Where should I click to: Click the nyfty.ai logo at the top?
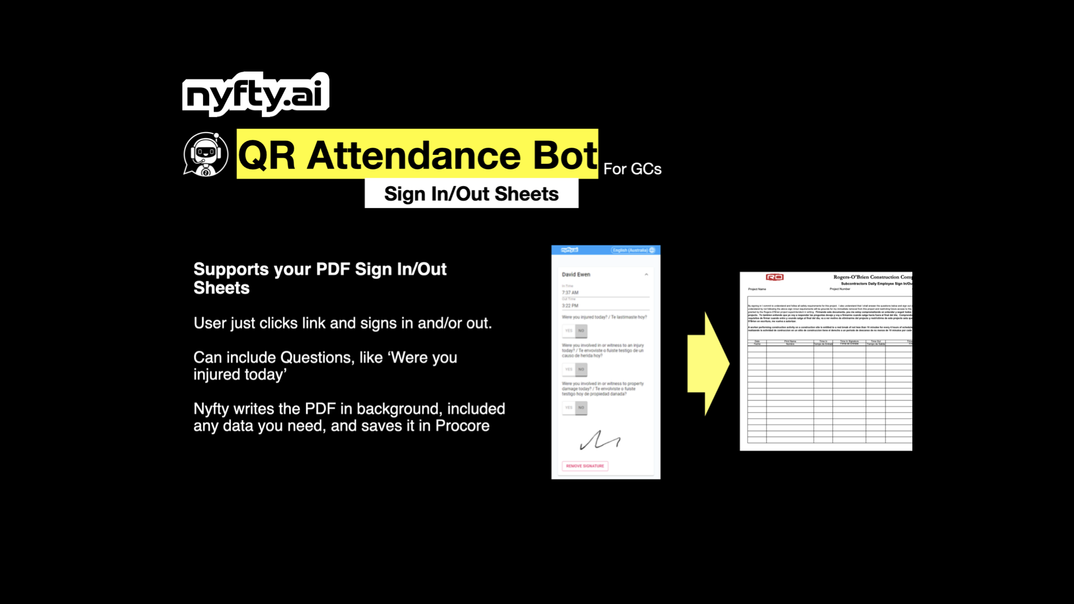[256, 95]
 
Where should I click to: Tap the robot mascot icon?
[205, 154]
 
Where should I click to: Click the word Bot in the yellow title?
[565, 155]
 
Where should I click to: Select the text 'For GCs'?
[632, 169]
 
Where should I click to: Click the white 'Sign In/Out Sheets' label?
[471, 194]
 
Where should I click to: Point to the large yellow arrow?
[708, 364]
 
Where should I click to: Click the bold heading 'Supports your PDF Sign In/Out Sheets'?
[319, 278]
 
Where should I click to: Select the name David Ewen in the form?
[576, 275]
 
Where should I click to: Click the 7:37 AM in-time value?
[570, 292]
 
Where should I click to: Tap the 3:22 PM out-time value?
[570, 306]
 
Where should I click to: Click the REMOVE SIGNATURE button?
[585, 466]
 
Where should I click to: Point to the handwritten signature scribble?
[600, 441]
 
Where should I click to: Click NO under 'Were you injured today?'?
[581, 331]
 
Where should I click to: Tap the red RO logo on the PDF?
[774, 277]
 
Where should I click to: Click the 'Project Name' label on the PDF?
[757, 289]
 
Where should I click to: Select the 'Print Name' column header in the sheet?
[790, 342]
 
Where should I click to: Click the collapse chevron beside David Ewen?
[646, 275]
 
